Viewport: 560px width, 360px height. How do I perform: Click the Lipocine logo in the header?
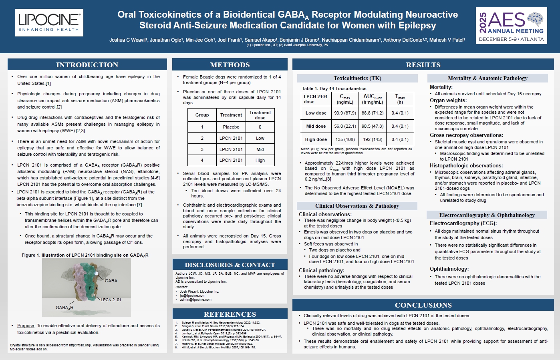[x=49, y=23]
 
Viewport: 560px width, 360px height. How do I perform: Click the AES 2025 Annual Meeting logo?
[x=512, y=26]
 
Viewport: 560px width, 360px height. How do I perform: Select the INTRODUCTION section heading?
[x=87, y=65]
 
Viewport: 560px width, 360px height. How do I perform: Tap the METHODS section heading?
[x=230, y=65]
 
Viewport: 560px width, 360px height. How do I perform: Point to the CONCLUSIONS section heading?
[x=423, y=305]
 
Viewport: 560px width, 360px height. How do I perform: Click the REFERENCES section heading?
[x=230, y=314]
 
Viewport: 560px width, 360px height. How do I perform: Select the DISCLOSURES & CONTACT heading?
[x=230, y=265]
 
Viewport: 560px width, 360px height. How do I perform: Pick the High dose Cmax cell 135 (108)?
[x=345, y=139]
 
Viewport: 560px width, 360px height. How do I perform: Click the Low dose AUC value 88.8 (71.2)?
[x=373, y=113]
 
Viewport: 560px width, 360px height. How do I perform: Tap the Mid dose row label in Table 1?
[x=316, y=126]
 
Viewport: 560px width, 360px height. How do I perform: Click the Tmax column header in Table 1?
[x=400, y=99]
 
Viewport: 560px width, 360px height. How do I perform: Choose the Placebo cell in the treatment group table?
[x=231, y=127]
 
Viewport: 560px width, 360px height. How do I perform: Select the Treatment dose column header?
[x=260, y=115]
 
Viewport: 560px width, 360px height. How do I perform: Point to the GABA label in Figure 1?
[x=111, y=281]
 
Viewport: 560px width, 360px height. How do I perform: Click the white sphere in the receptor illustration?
[x=97, y=273]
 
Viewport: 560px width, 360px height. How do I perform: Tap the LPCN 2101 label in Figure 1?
[x=111, y=300]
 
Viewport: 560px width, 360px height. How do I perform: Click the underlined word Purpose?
[x=26, y=326]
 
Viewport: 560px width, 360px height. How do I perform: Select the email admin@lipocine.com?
[x=195, y=300]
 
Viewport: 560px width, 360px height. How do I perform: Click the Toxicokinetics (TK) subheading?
[x=357, y=78]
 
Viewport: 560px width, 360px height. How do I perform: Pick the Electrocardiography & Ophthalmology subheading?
[x=487, y=215]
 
